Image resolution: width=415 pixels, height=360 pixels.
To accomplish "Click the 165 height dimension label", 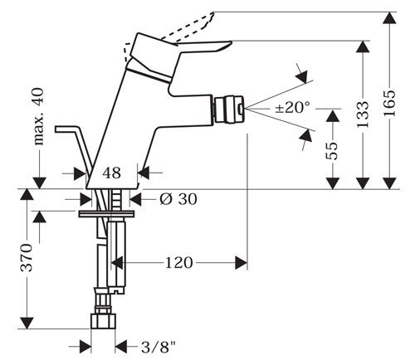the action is (389, 103).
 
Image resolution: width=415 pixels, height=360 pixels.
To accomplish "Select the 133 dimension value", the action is (363, 114).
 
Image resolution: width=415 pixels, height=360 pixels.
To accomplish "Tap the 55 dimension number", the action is (332, 151).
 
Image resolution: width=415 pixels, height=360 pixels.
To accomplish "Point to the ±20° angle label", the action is (293, 107).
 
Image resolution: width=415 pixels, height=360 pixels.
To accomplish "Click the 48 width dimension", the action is (112, 173).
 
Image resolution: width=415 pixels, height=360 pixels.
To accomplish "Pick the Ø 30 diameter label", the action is (178, 199).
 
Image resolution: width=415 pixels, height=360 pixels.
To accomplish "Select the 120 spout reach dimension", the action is (178, 262).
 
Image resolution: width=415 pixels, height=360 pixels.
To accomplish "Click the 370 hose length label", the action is (27, 258).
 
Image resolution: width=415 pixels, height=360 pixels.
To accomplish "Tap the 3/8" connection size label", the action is (159, 347).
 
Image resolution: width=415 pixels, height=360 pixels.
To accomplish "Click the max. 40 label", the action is (39, 117).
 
